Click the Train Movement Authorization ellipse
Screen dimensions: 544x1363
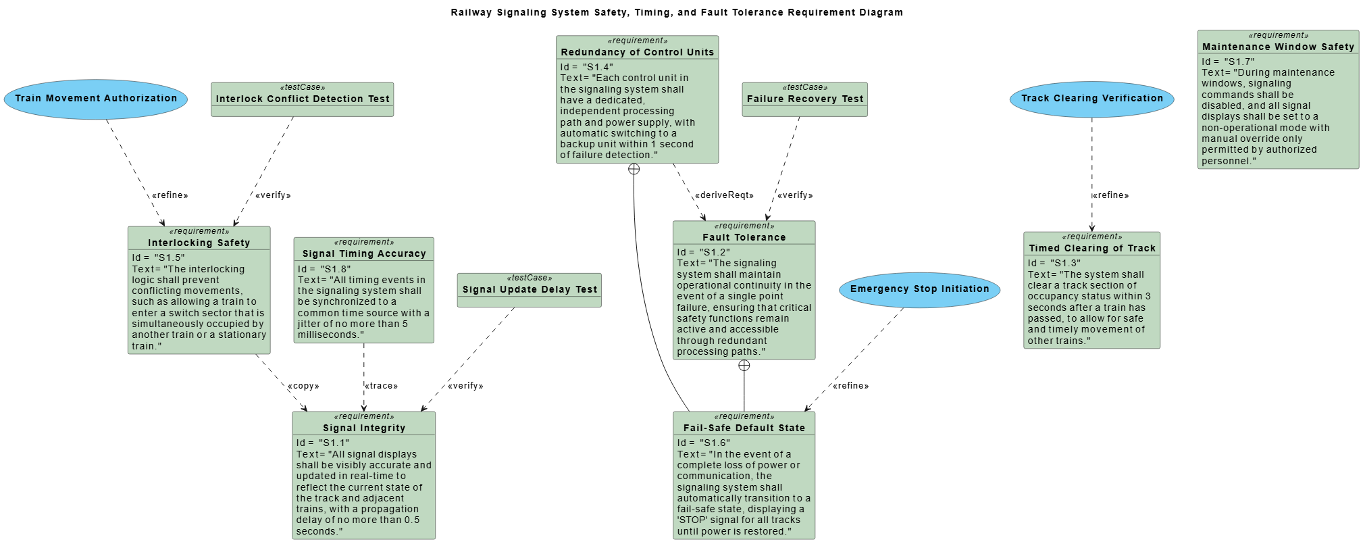coord(96,99)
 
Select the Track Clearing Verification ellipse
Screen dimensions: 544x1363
coord(1091,99)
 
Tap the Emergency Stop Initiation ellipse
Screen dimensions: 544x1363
coord(919,289)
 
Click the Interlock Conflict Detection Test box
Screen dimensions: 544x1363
coord(302,99)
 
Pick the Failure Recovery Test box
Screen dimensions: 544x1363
coord(804,99)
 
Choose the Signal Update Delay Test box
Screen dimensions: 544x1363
coord(529,290)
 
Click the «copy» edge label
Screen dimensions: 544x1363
coord(303,386)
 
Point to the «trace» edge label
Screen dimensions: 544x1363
coord(382,386)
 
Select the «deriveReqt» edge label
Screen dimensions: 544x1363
coord(724,195)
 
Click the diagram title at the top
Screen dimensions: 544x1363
coord(677,12)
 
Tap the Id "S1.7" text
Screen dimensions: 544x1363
coord(1228,61)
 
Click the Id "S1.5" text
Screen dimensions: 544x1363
coord(158,257)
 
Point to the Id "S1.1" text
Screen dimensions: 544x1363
coord(323,443)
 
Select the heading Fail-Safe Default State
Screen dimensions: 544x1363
coord(744,428)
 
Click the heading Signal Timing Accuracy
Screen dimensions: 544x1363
coord(364,253)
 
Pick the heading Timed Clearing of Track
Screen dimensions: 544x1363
coord(1091,248)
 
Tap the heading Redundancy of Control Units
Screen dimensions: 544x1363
coord(637,52)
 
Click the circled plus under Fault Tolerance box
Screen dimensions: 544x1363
coord(744,366)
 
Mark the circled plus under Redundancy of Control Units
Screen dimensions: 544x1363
coord(634,169)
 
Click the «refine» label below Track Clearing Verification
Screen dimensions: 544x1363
coord(1110,195)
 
